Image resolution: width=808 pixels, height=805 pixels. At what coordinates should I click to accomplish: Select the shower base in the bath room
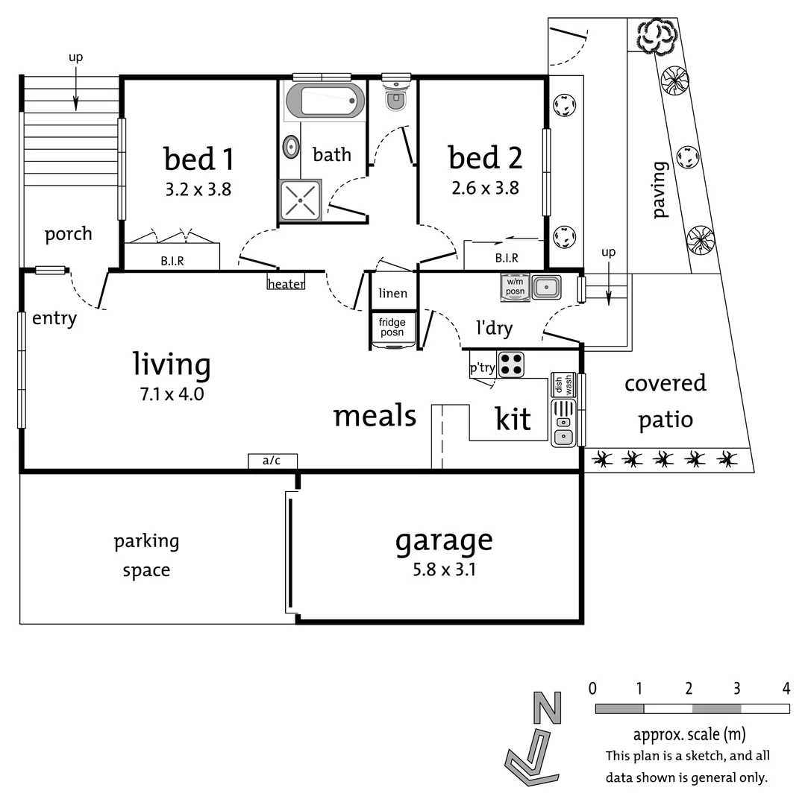click(300, 200)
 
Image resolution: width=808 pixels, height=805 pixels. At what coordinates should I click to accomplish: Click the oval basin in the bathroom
click(290, 147)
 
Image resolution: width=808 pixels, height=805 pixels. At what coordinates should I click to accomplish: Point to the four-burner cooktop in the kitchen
click(511, 364)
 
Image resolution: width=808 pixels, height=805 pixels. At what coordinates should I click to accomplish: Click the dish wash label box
click(563, 385)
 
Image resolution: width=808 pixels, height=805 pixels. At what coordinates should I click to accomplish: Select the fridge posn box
click(392, 328)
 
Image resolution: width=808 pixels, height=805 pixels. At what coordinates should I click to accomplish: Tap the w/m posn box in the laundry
click(516, 286)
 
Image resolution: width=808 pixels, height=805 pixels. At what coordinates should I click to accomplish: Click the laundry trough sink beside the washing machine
click(547, 286)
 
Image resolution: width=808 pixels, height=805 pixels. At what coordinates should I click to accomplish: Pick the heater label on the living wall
click(286, 283)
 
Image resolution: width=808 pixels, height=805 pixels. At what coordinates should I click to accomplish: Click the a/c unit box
click(272, 461)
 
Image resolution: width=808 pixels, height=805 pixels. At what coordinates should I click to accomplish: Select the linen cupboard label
click(392, 293)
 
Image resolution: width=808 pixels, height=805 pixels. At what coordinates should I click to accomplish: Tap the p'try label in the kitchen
click(482, 367)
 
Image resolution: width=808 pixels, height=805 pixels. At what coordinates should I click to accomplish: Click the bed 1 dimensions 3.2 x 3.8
click(198, 189)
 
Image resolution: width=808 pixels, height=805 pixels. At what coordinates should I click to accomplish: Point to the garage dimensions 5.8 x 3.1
click(444, 571)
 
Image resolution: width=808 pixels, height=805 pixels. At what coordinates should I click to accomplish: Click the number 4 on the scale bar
click(786, 687)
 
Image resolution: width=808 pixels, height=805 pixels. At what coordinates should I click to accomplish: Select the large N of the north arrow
click(547, 707)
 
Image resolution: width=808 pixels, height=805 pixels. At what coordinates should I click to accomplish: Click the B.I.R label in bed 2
click(507, 259)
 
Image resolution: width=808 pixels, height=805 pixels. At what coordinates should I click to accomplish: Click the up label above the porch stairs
click(75, 57)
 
